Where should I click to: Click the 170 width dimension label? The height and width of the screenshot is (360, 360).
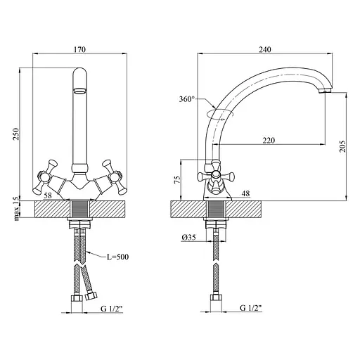tap(80, 49)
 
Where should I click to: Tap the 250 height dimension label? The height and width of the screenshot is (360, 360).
tap(16, 134)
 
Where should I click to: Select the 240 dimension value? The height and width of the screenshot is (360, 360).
tap(265, 49)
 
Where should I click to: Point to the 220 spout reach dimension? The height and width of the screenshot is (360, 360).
tap(269, 141)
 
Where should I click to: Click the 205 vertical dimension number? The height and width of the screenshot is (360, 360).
tap(342, 146)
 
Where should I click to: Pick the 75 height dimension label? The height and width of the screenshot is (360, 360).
tap(178, 179)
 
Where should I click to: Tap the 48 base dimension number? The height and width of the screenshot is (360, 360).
tap(245, 193)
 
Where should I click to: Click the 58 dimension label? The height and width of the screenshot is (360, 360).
tap(48, 195)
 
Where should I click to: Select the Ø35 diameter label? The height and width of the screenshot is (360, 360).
tap(188, 238)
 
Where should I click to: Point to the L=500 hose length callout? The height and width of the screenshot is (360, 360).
tap(117, 257)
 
